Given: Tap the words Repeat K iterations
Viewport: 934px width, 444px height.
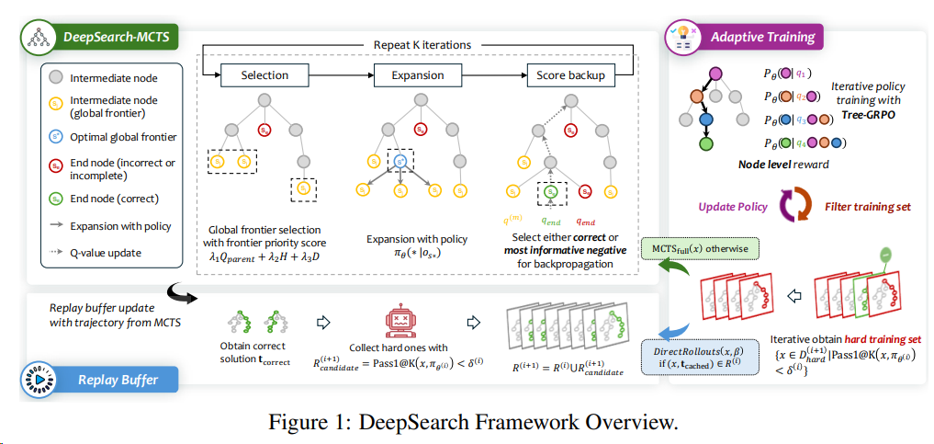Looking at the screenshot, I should pyautogui.click(x=422, y=45).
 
